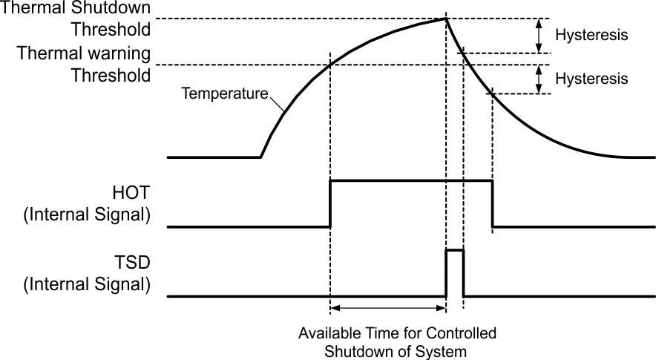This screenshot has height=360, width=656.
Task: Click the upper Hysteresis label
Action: tap(592, 35)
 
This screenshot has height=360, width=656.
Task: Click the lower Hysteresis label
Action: tap(592, 78)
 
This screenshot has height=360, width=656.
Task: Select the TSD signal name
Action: tap(131, 264)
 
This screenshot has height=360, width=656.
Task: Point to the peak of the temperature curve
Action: tap(446, 19)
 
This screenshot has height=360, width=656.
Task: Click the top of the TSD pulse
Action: tap(454, 251)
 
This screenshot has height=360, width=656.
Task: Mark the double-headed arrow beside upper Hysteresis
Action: tap(539, 35)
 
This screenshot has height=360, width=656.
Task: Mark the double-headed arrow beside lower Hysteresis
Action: tap(539, 79)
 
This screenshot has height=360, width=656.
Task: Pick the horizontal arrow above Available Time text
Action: tap(387, 308)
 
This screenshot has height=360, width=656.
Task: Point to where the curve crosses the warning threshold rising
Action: tap(329, 64)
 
